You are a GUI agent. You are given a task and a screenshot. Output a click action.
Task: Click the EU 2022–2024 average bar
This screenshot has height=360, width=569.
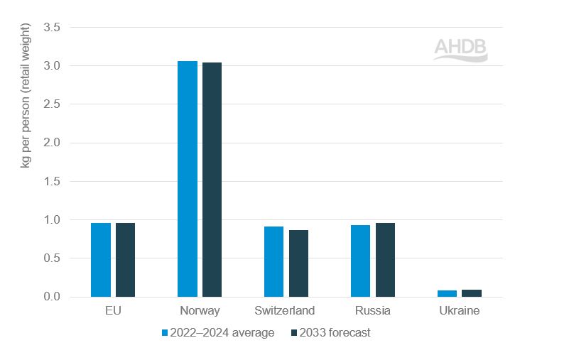101,260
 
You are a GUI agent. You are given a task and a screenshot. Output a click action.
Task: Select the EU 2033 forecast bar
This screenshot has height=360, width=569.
125,260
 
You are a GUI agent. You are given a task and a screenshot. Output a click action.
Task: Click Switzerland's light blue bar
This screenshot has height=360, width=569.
273,261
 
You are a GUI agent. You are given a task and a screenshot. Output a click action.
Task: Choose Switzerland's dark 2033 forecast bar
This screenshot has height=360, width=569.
298,263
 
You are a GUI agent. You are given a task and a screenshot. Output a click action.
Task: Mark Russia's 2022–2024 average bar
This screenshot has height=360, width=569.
360,261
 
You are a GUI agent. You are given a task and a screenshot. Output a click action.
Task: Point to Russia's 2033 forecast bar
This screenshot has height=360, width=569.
385,260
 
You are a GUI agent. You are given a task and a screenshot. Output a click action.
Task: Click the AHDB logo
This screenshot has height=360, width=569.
460,49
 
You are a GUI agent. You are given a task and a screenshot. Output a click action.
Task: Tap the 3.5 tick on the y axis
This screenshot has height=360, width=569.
52,28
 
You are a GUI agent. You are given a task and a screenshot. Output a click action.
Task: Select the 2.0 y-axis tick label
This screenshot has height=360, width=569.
52,143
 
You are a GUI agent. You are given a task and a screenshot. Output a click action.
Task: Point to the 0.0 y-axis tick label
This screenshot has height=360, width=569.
52,297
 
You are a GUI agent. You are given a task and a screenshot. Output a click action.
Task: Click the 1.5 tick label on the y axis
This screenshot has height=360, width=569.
52,182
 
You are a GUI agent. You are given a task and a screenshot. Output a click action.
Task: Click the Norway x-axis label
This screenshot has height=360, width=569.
200,311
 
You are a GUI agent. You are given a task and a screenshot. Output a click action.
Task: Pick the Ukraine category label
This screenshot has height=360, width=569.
459,311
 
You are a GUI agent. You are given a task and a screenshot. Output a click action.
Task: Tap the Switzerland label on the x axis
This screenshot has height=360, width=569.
286,311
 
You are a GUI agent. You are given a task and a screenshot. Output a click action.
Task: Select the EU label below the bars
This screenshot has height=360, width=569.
113,311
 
